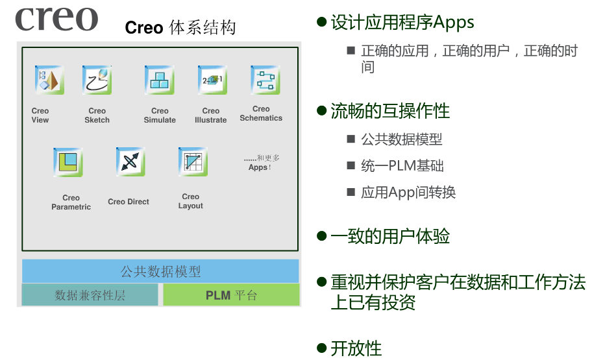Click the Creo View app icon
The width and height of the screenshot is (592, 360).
(x=49, y=80)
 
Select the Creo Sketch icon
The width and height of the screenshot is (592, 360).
(x=97, y=80)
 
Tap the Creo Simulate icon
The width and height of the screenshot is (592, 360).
(x=160, y=80)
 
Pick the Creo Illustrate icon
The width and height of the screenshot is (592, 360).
(x=212, y=80)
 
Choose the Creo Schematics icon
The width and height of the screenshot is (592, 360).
(x=265, y=80)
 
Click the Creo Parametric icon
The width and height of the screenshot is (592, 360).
(x=68, y=162)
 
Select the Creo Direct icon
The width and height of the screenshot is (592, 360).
(x=130, y=162)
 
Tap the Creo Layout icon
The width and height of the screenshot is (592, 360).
(x=193, y=162)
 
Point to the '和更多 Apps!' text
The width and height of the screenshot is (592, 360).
(x=261, y=162)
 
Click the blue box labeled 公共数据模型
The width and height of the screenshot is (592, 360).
(x=160, y=271)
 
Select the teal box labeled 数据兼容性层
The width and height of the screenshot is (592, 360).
(x=90, y=295)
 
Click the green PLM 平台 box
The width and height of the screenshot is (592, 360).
(x=231, y=295)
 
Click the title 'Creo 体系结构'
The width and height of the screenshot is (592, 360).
(x=180, y=28)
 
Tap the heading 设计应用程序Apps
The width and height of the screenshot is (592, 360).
(x=402, y=23)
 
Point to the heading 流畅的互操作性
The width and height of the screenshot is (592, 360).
(x=390, y=111)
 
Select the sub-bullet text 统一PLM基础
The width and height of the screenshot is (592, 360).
(x=402, y=166)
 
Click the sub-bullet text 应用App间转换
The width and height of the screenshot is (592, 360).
(x=408, y=193)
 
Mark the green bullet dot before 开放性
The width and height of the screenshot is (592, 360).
(x=321, y=348)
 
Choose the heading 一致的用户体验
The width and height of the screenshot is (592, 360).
(x=390, y=236)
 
